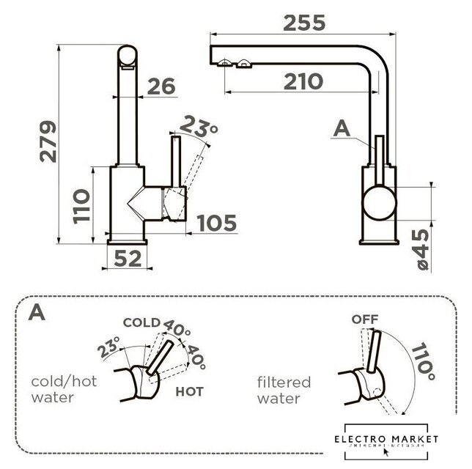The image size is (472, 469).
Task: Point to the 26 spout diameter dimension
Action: click(x=161, y=86)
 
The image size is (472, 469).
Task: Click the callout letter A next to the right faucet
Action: click(x=342, y=128)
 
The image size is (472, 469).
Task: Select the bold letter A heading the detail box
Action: click(x=35, y=314)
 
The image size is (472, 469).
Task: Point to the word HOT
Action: click(x=189, y=391)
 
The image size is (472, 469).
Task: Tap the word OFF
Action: click(x=364, y=320)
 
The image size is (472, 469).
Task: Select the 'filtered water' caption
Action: click(x=284, y=391)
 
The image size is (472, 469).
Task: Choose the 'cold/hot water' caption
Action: click(x=64, y=391)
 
